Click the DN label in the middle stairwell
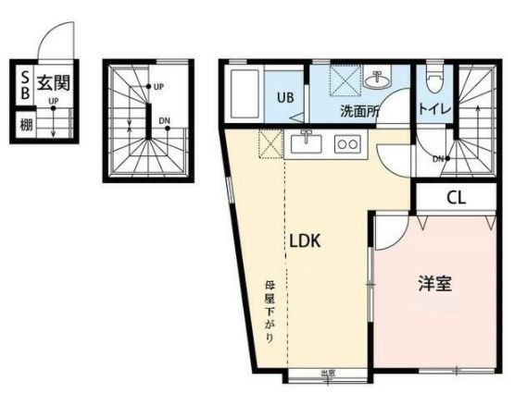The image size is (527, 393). tap(164, 121)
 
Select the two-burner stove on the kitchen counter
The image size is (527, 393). tap(346, 144)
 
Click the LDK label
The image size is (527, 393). tap(305, 241)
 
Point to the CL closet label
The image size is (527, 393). tap(455, 198)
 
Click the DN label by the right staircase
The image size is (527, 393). tap(437, 158)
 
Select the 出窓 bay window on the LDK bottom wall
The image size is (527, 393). tap(327, 374)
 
